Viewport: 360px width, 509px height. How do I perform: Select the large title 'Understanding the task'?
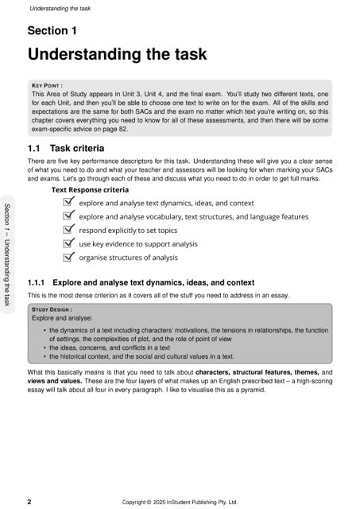click(x=117, y=55)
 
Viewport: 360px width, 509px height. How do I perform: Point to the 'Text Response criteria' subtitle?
click(x=90, y=191)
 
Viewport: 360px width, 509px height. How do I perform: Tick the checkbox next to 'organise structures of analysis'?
click(x=68, y=257)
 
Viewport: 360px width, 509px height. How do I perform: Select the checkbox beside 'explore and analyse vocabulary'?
click(x=68, y=216)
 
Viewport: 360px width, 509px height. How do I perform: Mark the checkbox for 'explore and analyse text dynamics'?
click(x=68, y=203)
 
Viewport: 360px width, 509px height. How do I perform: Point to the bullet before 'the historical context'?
click(x=42, y=356)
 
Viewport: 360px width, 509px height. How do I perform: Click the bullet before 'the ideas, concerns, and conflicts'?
click(x=42, y=348)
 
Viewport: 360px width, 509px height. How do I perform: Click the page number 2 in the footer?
click(x=29, y=502)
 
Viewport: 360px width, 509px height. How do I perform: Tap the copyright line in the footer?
click(x=180, y=502)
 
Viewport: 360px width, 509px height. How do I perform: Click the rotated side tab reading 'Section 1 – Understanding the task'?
click(x=7, y=254)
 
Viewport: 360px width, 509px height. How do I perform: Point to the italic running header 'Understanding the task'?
click(x=60, y=9)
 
